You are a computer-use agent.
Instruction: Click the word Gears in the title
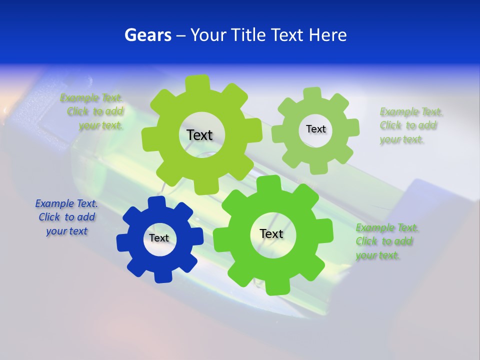click(147, 35)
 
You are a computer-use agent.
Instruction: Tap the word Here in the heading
click(327, 35)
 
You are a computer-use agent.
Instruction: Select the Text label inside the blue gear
click(159, 238)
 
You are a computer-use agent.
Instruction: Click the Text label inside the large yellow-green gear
click(199, 135)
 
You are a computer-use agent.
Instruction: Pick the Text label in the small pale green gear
click(315, 129)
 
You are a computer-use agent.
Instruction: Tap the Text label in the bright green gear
click(271, 233)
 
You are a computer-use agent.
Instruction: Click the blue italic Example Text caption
click(66, 217)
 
